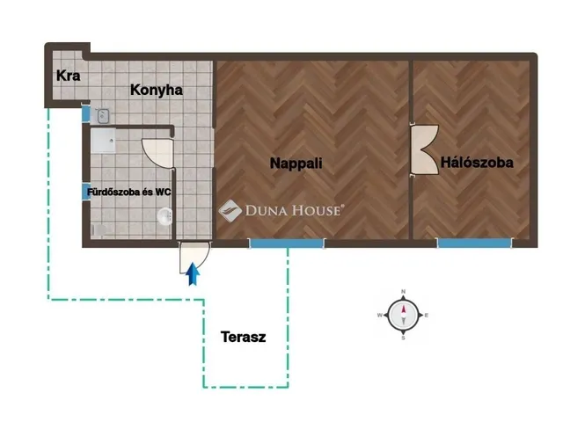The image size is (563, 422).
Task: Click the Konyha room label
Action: (157, 90)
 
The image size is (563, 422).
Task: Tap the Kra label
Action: (69, 76)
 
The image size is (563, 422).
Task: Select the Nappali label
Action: (296, 164)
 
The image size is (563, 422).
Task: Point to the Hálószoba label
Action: (477, 163)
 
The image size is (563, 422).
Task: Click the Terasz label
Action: (244, 337)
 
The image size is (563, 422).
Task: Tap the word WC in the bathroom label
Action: (163, 192)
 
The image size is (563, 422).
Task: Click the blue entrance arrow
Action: (193, 274)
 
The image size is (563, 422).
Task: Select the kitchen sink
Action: (103, 116)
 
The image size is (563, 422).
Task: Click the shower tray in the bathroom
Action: (103, 141)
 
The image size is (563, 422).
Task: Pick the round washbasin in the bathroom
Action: (165, 217)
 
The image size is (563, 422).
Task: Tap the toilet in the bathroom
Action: (99, 230)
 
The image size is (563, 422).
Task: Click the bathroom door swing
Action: (157, 153)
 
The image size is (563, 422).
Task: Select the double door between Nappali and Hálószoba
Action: (425, 149)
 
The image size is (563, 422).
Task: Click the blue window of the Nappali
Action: (287, 244)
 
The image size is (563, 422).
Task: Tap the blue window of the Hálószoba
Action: (474, 243)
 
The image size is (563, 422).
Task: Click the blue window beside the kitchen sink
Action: (86, 113)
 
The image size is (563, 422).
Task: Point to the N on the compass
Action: (403, 292)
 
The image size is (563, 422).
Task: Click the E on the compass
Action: (427, 316)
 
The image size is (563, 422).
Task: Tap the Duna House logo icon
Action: (230, 211)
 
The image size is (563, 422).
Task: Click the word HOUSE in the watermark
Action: (317, 211)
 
